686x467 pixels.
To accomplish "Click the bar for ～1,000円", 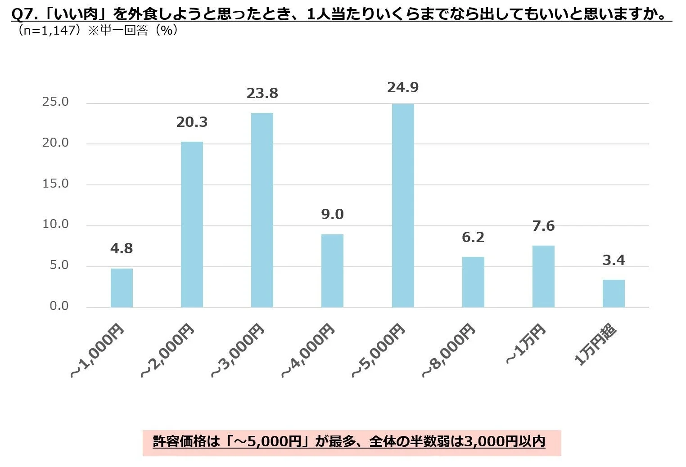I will pos(122,288).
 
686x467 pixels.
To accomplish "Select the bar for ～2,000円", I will pos(192,225).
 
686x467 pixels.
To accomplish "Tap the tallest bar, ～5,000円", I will pos(403,206).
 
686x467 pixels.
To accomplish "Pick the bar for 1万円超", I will pos(614,294).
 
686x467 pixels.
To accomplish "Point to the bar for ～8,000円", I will pos(473,282).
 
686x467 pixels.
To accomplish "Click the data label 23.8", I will pos(262,94).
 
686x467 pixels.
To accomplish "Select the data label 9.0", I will pos(332,215).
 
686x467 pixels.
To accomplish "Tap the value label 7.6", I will pos(543,226).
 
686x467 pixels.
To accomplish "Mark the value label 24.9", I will pos(403,87).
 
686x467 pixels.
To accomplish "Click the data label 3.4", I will pos(614,260).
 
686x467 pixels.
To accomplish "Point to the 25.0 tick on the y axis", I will pos(55,102).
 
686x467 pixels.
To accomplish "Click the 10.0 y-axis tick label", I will pos(55,225).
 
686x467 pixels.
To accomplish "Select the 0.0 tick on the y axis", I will pos(59,306).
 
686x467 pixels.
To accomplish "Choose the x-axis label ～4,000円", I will pos(308,351).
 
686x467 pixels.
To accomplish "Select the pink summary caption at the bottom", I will pos(352,442).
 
